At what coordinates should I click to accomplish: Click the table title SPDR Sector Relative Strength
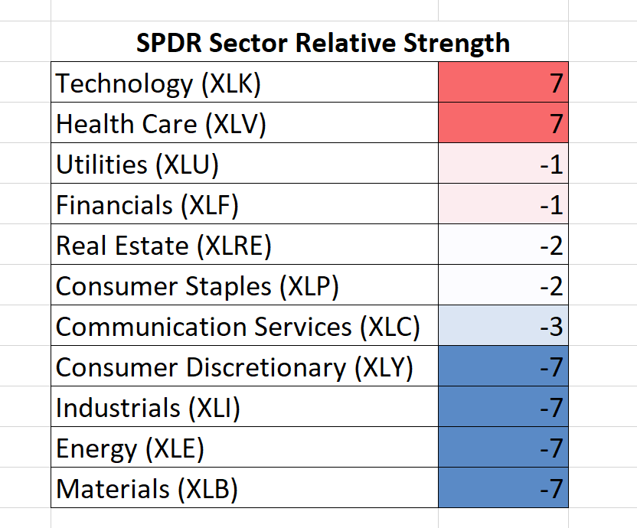(323, 44)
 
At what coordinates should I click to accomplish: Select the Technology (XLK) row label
(158, 84)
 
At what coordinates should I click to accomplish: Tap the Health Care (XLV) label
(161, 125)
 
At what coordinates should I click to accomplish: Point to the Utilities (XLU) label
(137, 165)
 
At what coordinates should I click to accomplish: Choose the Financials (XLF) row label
(147, 206)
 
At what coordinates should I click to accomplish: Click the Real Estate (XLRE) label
(163, 246)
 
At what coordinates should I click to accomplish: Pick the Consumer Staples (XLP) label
(197, 287)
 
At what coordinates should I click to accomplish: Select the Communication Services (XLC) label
(237, 328)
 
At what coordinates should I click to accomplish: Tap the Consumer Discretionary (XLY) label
(234, 368)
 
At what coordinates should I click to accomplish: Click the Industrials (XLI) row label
(148, 409)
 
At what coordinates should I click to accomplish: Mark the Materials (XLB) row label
(147, 490)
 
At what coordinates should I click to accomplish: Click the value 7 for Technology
(556, 83)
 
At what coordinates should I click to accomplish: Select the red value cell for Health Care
(503, 122)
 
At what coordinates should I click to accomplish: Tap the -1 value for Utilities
(551, 165)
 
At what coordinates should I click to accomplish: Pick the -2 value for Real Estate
(551, 246)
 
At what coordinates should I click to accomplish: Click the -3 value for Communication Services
(551, 327)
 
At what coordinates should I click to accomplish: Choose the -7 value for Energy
(551, 448)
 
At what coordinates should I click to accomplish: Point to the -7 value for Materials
(551, 489)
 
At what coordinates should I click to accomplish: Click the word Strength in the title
(456, 44)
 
